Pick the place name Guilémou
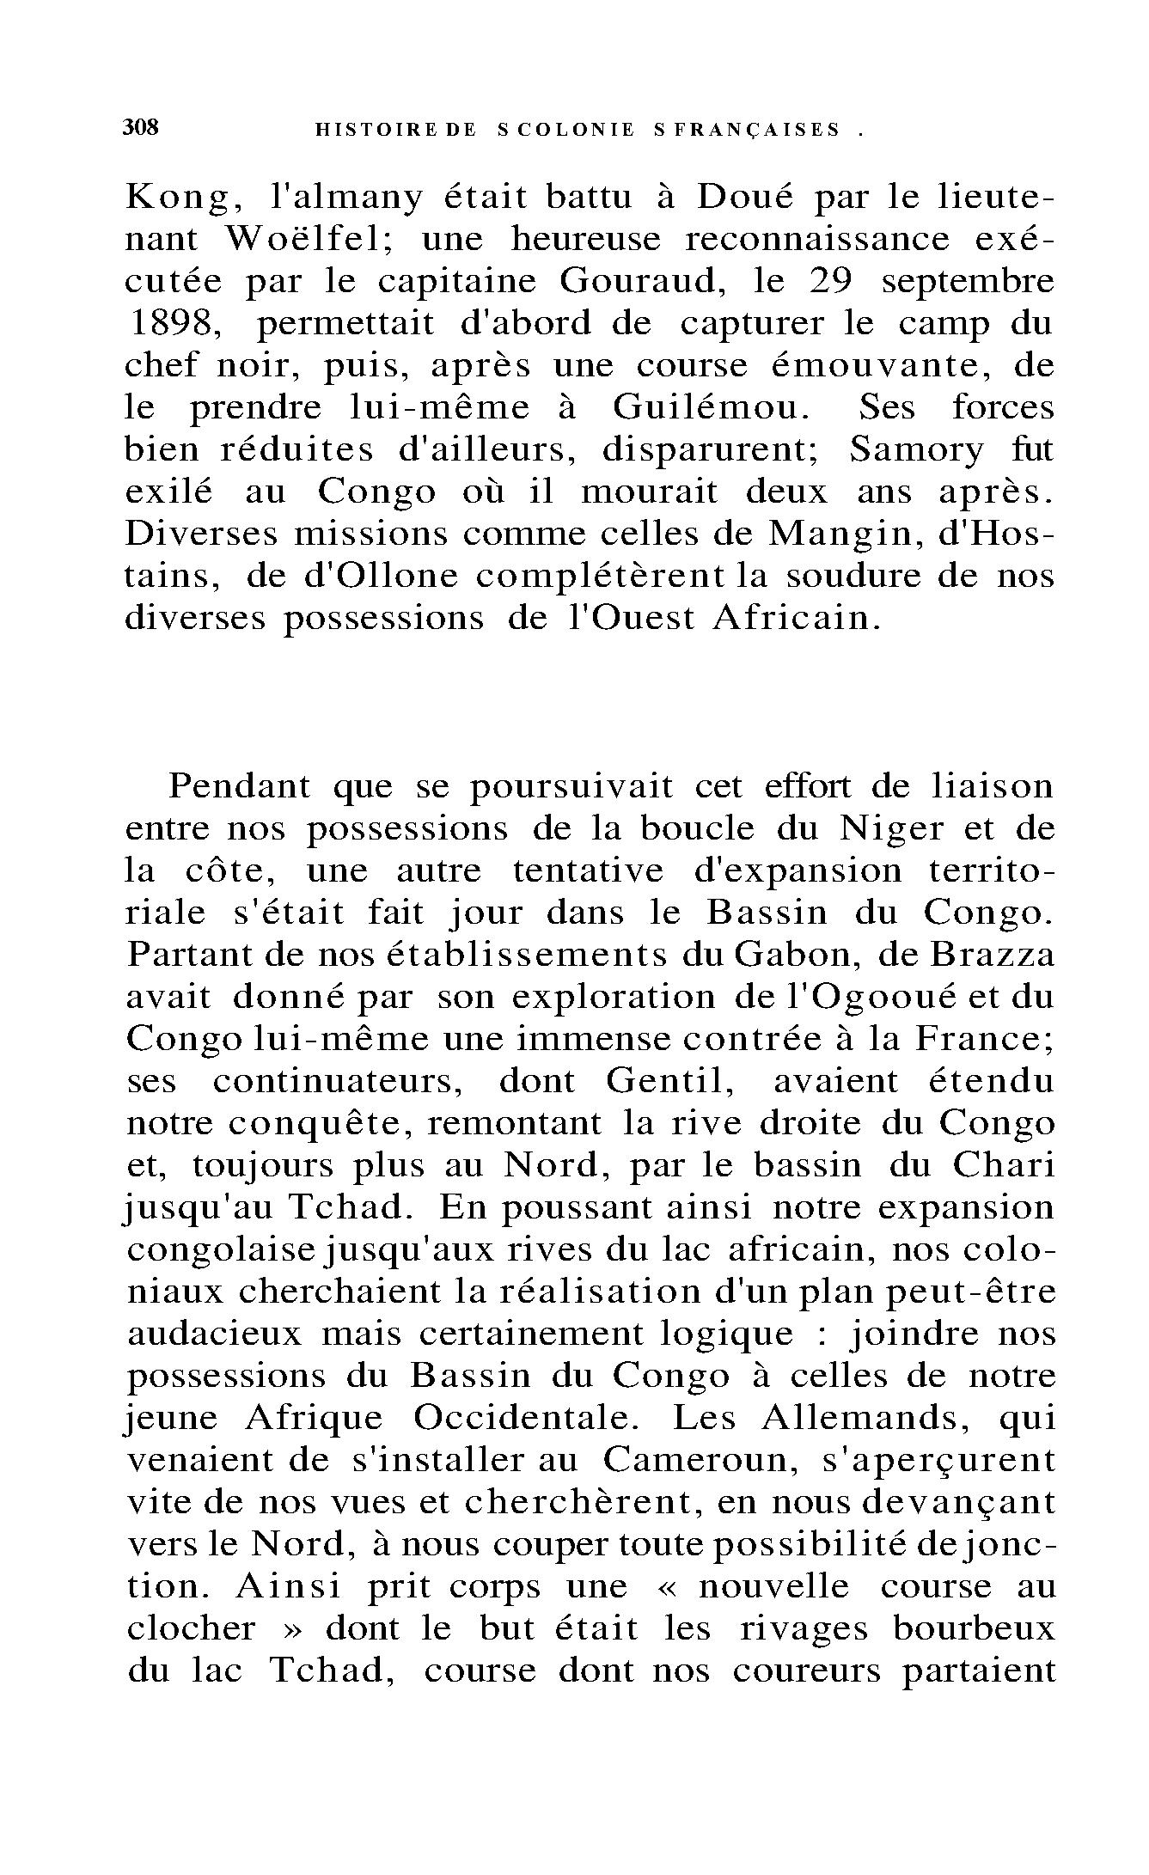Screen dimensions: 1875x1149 [x=710, y=407]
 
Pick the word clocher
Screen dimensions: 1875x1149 [x=191, y=1628]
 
